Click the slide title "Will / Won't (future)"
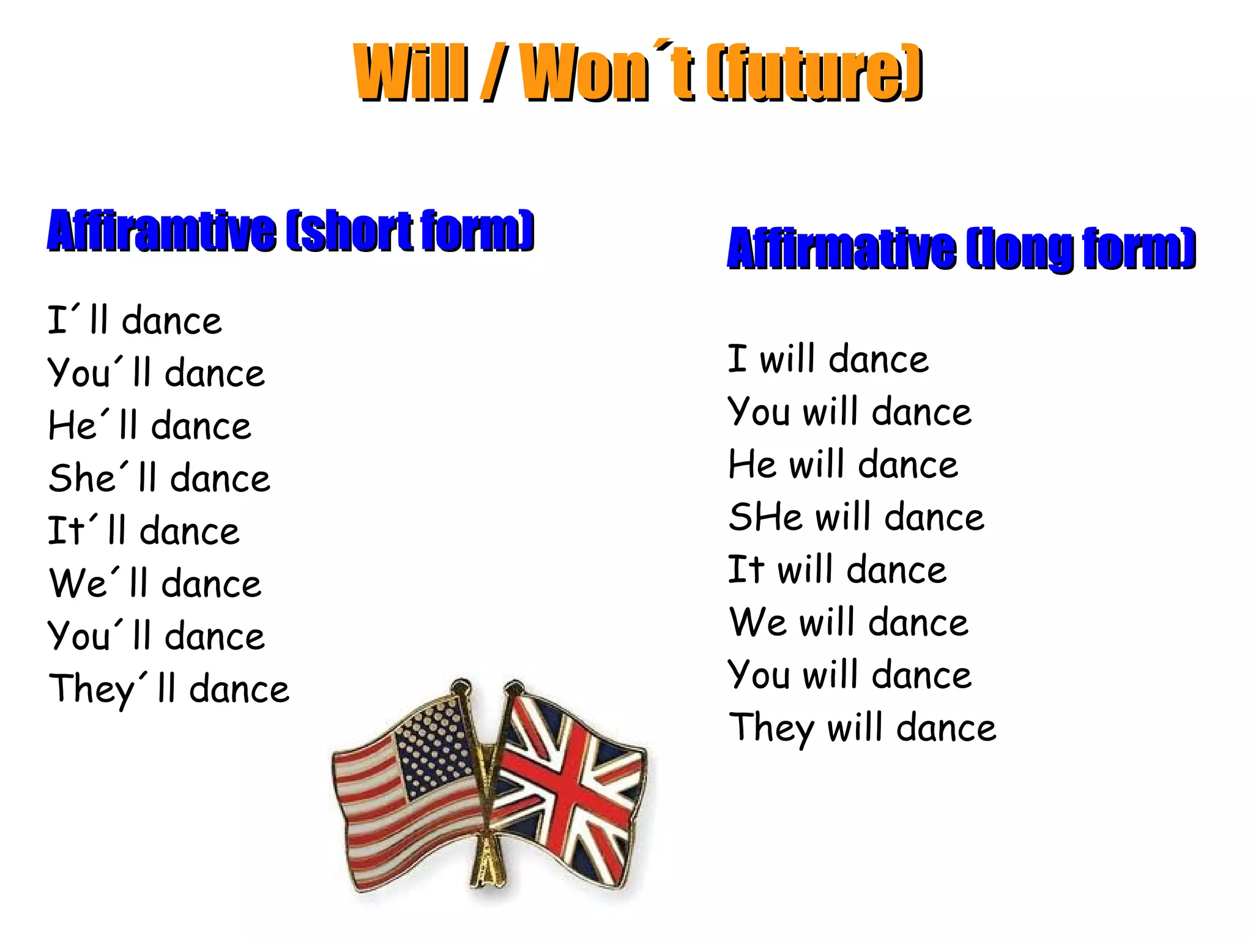point(637,72)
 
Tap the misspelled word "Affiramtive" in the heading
point(162,231)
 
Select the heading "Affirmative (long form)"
point(961,248)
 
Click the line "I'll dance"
point(135,321)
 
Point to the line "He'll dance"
point(150,426)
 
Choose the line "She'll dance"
point(159,478)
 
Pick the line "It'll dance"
point(144,531)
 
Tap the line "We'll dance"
point(155,584)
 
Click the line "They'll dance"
point(169,689)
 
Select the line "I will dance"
point(828,359)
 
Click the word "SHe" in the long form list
point(765,518)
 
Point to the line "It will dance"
point(837,570)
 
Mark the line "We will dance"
point(849,623)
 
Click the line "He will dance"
point(842,465)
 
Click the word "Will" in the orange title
point(411,72)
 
